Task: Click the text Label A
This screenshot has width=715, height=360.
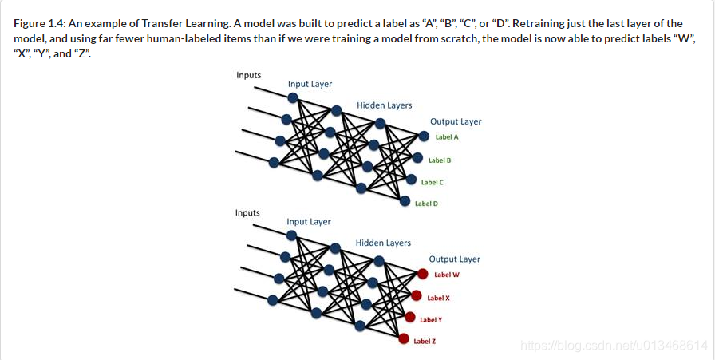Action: [447, 137]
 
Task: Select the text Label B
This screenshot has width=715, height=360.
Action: [440, 160]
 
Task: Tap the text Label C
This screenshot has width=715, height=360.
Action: [433, 182]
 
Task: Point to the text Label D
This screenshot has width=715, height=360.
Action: [426, 204]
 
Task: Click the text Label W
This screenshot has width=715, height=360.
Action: [447, 275]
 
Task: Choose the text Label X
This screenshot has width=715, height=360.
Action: [439, 298]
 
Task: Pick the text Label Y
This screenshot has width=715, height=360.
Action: [431, 319]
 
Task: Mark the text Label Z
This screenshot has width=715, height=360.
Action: [425, 341]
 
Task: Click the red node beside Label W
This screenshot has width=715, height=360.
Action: [423, 275]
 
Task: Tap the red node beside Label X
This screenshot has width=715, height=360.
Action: [416, 296]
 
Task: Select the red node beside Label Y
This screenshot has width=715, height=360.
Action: [409, 318]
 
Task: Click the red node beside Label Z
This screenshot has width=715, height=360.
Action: [403, 339]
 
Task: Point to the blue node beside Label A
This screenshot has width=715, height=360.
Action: [424, 136]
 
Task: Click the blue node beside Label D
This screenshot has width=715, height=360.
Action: [405, 201]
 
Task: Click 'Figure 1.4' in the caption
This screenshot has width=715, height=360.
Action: [38, 23]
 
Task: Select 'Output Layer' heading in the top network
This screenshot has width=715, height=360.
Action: [456, 121]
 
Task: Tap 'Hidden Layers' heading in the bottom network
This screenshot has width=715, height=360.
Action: [383, 243]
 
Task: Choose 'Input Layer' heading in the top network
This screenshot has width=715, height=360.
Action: [310, 84]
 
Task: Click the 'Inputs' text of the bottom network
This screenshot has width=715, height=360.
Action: [247, 213]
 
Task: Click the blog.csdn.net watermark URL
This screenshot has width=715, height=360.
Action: [613, 345]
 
